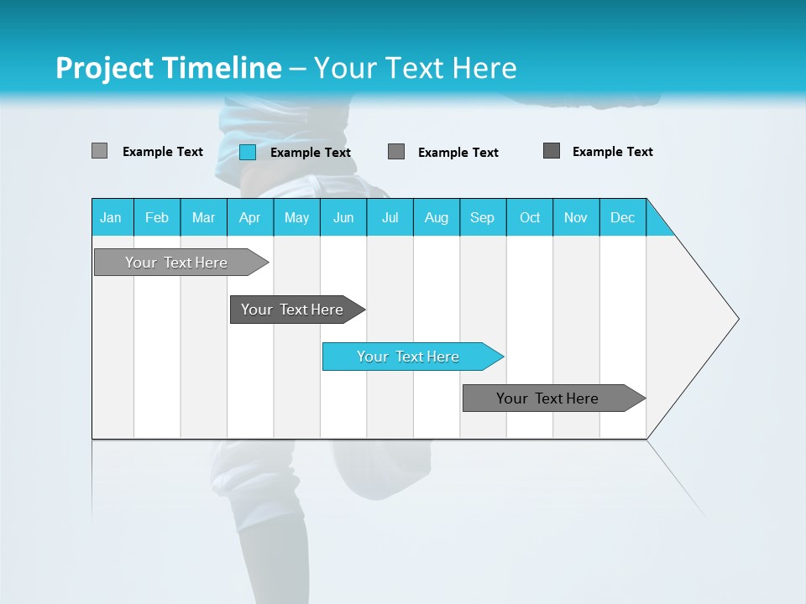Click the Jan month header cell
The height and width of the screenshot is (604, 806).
click(111, 217)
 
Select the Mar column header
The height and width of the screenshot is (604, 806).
click(203, 217)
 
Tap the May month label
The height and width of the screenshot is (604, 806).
click(296, 217)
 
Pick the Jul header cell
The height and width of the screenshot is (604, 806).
click(390, 217)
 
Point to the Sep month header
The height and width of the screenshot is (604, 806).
click(482, 217)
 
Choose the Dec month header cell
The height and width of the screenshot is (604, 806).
click(622, 217)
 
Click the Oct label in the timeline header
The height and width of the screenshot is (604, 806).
click(530, 217)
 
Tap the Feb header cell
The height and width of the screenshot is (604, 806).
click(157, 217)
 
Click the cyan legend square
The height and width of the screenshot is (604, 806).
click(248, 152)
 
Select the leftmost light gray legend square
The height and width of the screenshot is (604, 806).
click(99, 151)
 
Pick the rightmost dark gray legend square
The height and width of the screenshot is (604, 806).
click(552, 151)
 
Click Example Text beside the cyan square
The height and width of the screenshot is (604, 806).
click(310, 153)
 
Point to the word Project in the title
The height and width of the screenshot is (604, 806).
click(104, 68)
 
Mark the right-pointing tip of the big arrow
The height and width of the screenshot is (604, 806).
click(736, 319)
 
